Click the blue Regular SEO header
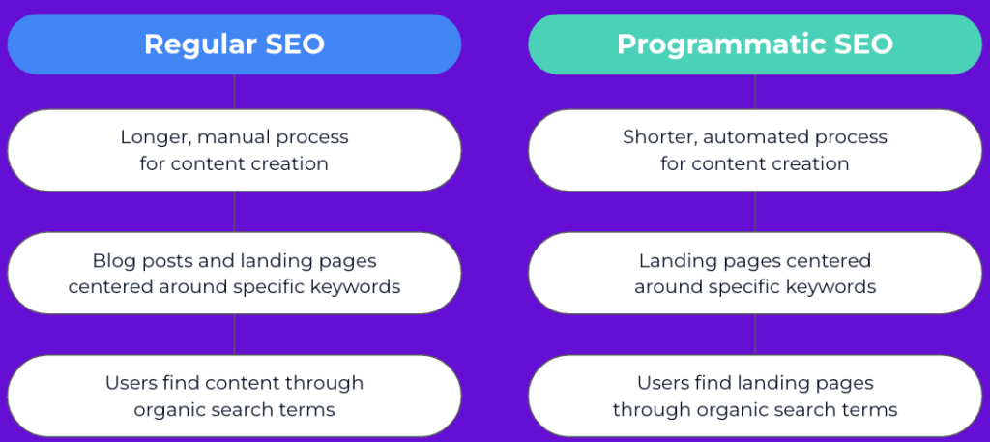coord(234,44)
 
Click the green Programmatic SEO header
coord(755,44)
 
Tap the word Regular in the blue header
coord(197,44)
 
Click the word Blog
coord(111,261)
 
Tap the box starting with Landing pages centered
coord(755,273)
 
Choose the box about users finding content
coord(234,396)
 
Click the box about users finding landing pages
coord(755,396)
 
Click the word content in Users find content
coord(243,383)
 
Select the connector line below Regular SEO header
coord(234,92)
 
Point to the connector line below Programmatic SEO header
coord(755,92)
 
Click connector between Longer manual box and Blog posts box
coord(234,212)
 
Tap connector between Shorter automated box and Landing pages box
coord(755,212)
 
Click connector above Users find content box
coord(234,334)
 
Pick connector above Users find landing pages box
coord(755,334)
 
